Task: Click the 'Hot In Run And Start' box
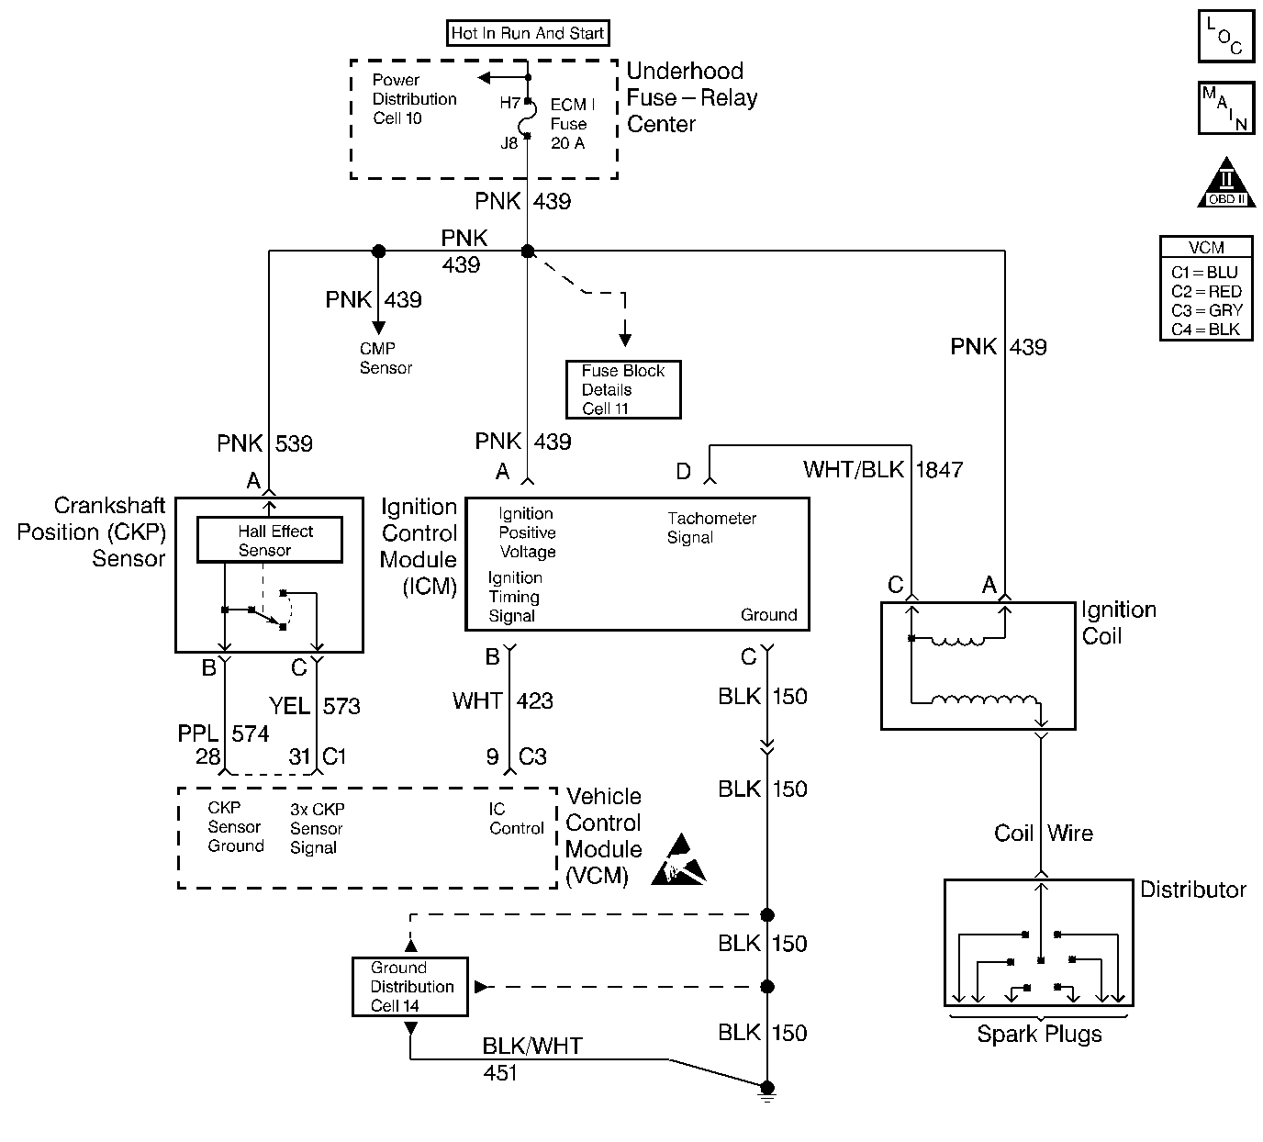(528, 34)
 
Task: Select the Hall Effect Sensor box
(270, 540)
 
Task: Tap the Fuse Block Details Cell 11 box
(623, 389)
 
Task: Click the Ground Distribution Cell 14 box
(409, 987)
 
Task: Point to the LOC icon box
(1225, 36)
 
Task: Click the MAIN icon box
(1225, 108)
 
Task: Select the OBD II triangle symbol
(1225, 184)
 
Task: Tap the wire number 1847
(939, 470)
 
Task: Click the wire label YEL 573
(315, 706)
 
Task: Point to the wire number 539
(294, 443)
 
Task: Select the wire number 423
(535, 701)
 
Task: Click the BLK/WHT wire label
(532, 1046)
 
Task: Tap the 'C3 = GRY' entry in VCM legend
(1206, 310)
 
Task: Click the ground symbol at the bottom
(767, 1092)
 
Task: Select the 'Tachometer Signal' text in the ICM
(711, 528)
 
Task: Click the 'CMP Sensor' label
(386, 358)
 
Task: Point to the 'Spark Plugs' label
(1039, 1035)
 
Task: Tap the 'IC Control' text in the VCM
(516, 819)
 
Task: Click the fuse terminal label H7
(509, 104)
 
